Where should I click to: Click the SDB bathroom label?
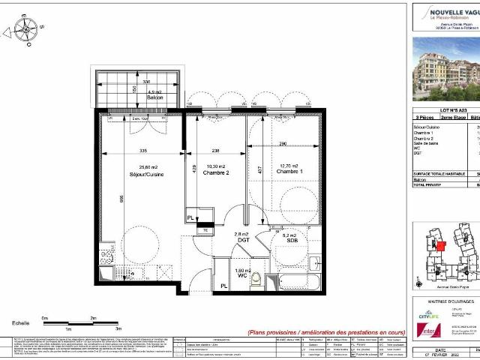pyautogui.click(x=292, y=240)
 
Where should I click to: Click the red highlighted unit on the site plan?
pyautogui.click(x=440, y=245)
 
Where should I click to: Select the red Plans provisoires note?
pyautogui.click(x=326, y=332)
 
